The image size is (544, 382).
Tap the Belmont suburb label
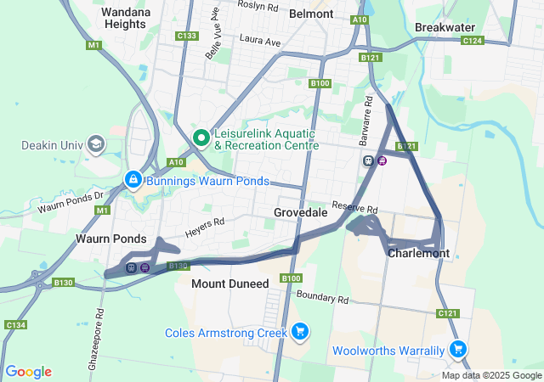[311, 14]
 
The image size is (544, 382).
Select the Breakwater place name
[445, 27]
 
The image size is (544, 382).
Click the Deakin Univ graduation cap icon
[95, 144]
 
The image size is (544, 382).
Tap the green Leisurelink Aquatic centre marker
[202, 137]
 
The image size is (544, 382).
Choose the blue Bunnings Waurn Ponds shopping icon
[133, 179]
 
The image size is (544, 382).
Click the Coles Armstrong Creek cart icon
[299, 331]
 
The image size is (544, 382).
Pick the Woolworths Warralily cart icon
[457, 348]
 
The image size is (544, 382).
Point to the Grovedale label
[300, 212]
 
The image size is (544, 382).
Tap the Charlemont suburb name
[417, 253]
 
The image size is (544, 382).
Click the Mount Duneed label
[229, 283]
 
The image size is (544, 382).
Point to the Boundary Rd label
[323, 298]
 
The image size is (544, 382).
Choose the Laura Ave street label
[260, 40]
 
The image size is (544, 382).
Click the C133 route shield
[187, 36]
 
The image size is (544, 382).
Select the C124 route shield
[473, 40]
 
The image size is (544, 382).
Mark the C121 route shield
[449, 314]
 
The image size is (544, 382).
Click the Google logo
[28, 372]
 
